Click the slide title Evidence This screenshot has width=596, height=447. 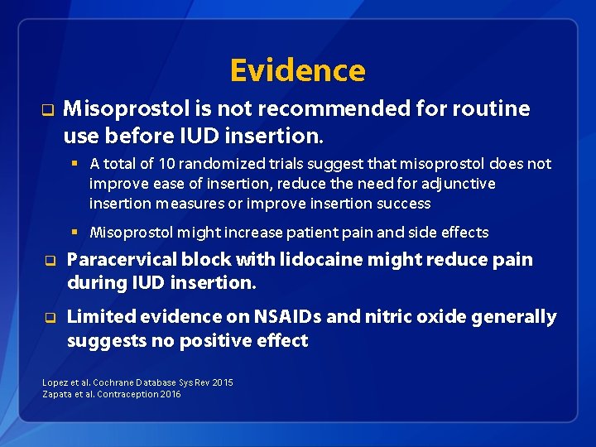[x=297, y=70]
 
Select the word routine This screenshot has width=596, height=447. [x=495, y=108]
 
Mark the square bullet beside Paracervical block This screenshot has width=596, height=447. [x=49, y=262]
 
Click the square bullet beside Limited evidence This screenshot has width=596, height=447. [x=49, y=318]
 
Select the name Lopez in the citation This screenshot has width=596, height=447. [x=55, y=382]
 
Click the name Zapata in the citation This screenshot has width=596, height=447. [x=57, y=394]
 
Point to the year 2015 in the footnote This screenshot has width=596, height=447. [x=223, y=382]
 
